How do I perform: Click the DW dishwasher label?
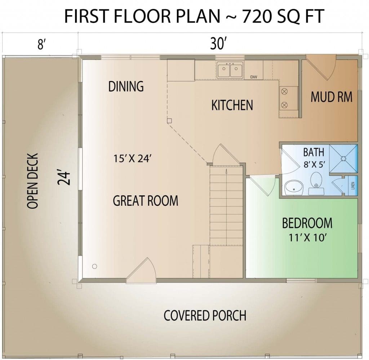pyautogui.click(x=253, y=77)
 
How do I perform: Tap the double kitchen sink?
pyautogui.click(x=230, y=70)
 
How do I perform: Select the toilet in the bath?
pyautogui.click(x=316, y=183)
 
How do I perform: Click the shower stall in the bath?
pyautogui.click(x=343, y=159)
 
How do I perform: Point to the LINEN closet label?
pyautogui.click(x=353, y=186)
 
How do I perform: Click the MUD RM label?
pyautogui.click(x=332, y=97)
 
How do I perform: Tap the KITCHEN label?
pyautogui.click(x=232, y=105)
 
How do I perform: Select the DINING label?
pyautogui.click(x=126, y=86)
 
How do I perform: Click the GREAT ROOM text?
pyautogui.click(x=146, y=201)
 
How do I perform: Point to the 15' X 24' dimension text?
pyautogui.click(x=132, y=158)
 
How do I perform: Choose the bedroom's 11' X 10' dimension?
pyautogui.click(x=307, y=237)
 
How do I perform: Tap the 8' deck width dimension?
pyautogui.click(x=41, y=44)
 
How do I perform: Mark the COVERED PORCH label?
pyautogui.click(x=205, y=316)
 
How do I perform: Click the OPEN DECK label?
pyautogui.click(x=32, y=181)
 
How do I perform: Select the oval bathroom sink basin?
pyautogui.click(x=294, y=188)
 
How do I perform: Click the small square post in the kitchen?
pyautogui.click(x=169, y=121)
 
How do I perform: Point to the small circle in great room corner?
pyautogui.click(x=95, y=266)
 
